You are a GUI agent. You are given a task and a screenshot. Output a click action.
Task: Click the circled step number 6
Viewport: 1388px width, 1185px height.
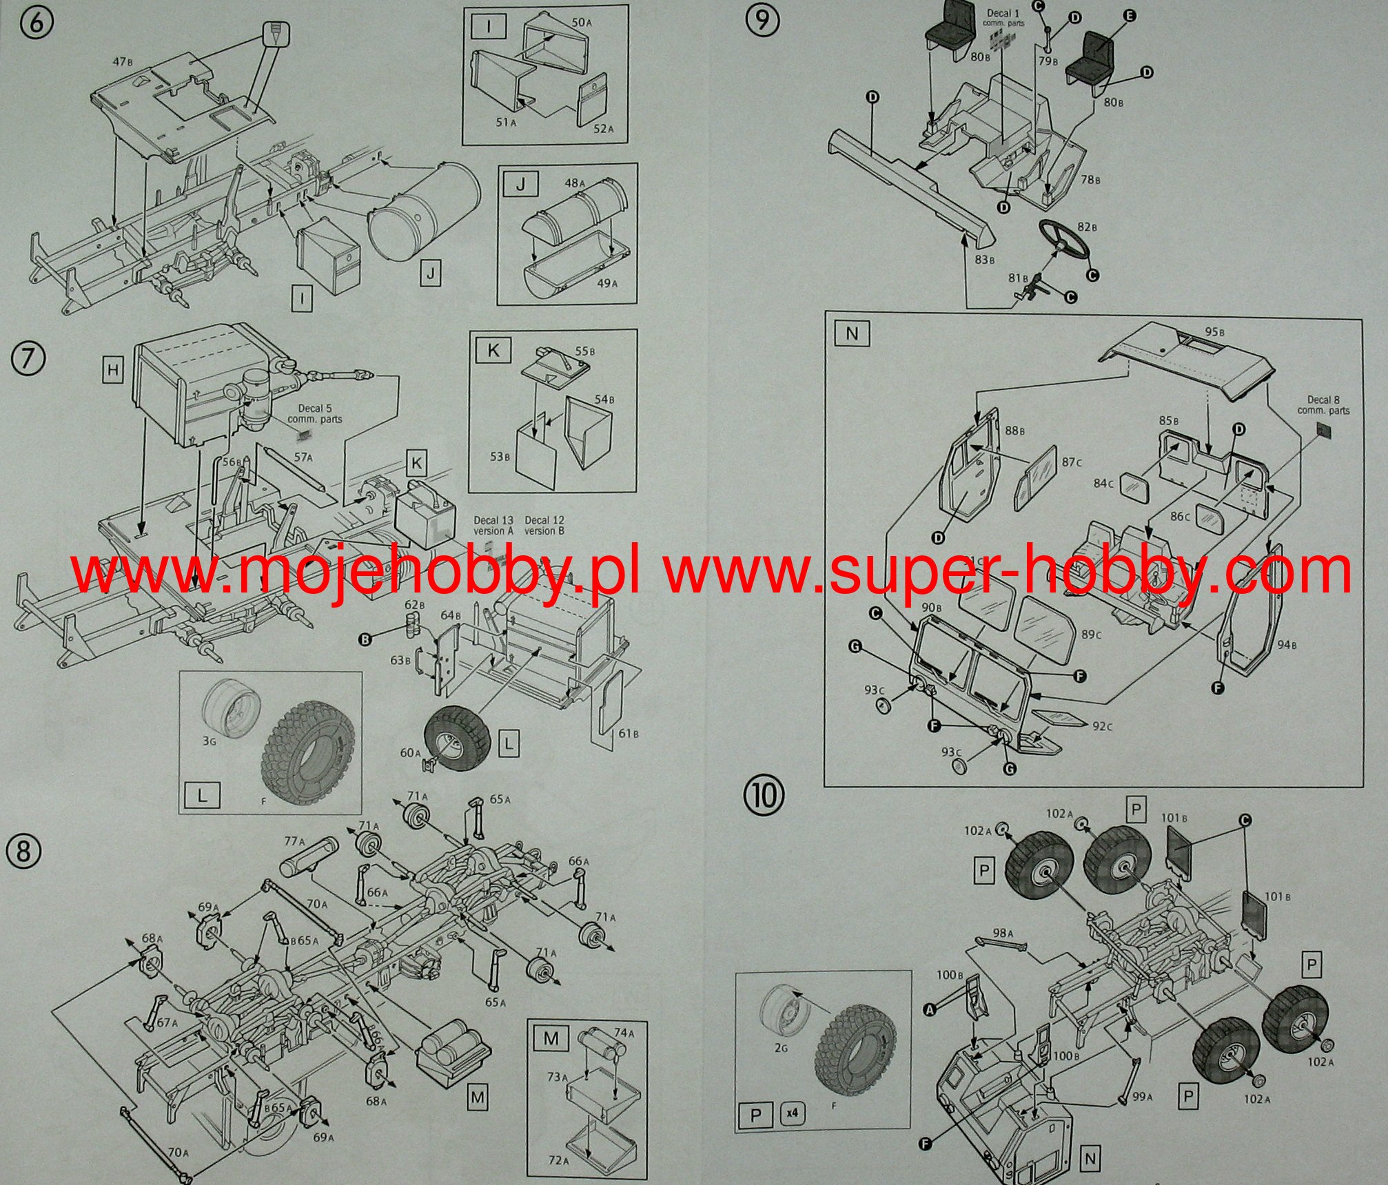click(x=38, y=20)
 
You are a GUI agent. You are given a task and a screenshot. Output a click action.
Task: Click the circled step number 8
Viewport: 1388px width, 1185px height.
click(x=23, y=852)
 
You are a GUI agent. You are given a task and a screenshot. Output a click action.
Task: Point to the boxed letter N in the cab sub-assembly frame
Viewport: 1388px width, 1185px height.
click(x=852, y=334)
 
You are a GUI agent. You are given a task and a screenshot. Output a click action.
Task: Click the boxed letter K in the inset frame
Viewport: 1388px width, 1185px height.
click(x=493, y=351)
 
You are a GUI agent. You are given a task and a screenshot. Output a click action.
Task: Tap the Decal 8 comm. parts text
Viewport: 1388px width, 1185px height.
click(x=1323, y=405)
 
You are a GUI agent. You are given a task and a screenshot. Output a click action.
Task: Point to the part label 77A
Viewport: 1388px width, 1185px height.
click(x=294, y=841)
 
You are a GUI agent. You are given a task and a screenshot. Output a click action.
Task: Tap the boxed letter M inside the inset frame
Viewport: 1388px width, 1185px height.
click(x=551, y=1038)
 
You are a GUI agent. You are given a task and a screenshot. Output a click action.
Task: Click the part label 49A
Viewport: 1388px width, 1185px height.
click(x=606, y=283)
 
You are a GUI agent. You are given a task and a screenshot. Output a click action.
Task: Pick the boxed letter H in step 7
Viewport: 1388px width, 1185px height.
click(x=113, y=371)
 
